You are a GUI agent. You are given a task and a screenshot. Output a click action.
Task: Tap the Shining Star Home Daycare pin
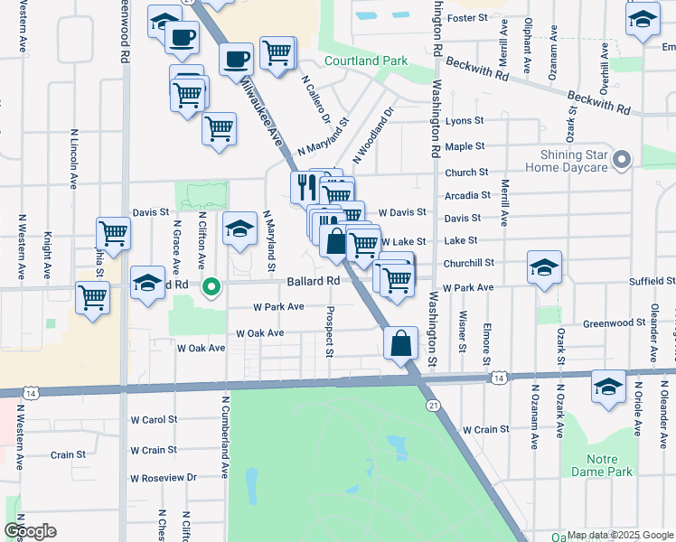click(621, 160)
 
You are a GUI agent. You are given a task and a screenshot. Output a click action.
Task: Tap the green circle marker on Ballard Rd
click(211, 288)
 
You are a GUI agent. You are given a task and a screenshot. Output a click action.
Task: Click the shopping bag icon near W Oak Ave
click(400, 344)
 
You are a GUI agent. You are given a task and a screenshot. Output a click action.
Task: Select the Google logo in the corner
click(30, 531)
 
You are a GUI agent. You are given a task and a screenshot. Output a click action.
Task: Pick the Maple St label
click(465, 146)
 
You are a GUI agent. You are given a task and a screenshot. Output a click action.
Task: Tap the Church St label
click(466, 173)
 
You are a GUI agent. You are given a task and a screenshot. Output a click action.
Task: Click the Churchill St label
click(469, 263)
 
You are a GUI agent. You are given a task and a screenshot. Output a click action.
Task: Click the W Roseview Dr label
click(164, 478)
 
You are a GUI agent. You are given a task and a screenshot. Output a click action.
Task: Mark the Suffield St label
click(646, 282)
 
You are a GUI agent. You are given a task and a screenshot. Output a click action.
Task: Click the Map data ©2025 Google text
click(620, 536)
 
